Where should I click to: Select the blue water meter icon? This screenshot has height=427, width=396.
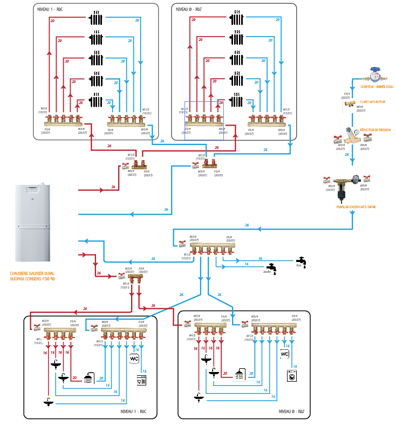(375, 74)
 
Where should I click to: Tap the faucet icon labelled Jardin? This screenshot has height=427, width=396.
(273, 267)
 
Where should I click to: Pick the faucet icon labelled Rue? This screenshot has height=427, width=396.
(302, 261)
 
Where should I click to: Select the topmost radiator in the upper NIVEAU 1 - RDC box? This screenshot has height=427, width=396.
(96, 19)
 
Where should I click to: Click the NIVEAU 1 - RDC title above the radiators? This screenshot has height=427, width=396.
(50, 9)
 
